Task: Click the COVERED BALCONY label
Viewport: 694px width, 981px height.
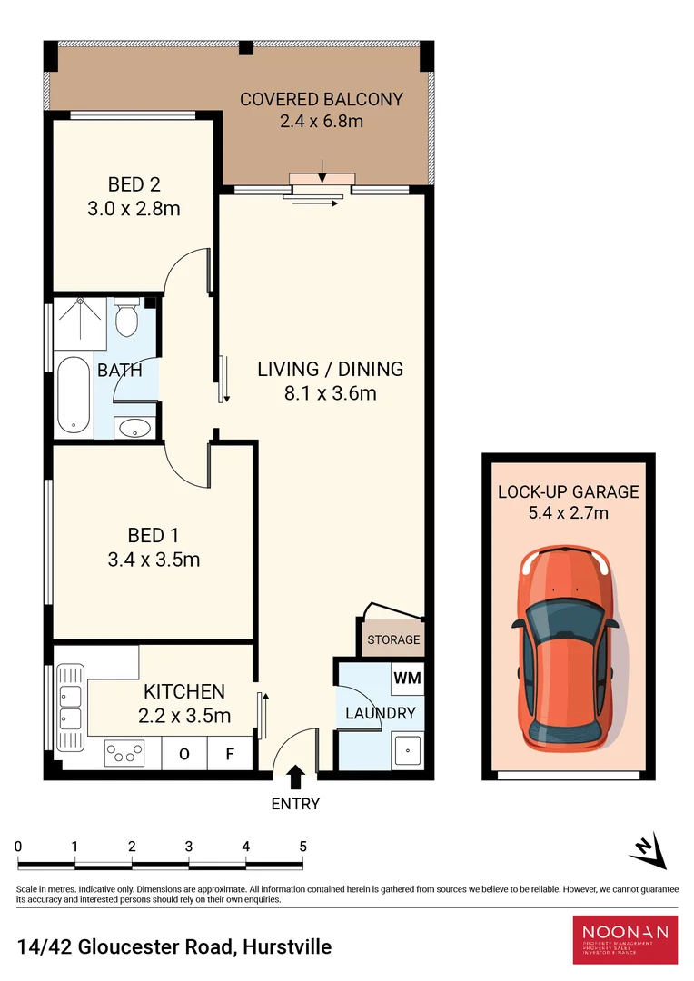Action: tap(321, 99)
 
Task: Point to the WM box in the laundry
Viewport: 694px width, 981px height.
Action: tap(406, 678)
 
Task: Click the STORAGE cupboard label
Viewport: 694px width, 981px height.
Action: tap(393, 639)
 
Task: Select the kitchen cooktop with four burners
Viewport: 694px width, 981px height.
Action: tap(125, 752)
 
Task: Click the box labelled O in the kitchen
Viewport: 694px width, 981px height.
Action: tap(184, 753)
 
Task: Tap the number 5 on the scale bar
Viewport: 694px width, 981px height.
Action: tap(302, 847)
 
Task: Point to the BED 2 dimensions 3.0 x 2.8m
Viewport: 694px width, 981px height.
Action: tap(134, 209)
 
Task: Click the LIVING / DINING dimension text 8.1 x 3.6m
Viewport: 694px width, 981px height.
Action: tap(330, 393)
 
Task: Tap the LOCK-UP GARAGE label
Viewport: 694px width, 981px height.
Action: tap(568, 492)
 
